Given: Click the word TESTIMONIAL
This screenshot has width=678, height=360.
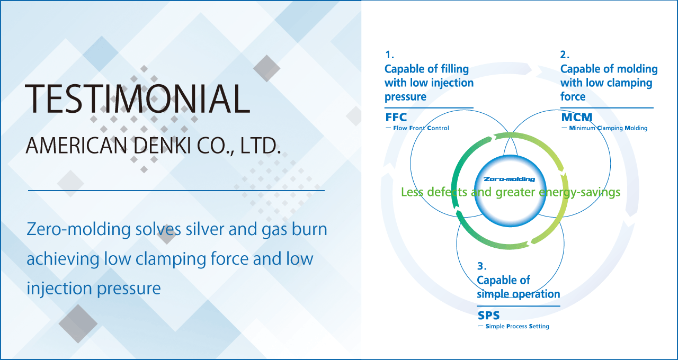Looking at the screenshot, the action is [138, 98].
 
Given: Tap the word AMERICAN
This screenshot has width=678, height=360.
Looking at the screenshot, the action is [77, 146].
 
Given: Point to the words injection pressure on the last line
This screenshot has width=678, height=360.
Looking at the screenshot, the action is [94, 289].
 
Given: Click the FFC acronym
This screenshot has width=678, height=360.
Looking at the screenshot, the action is [396, 117].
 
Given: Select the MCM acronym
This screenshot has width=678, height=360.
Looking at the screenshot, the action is [577, 117].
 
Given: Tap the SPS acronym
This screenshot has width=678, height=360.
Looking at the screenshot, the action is [488, 316].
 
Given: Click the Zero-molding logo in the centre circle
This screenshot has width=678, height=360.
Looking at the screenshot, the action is [510, 179].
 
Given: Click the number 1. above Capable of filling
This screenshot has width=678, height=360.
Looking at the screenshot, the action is [389, 55].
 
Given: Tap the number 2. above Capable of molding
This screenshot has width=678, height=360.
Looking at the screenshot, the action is [565, 55].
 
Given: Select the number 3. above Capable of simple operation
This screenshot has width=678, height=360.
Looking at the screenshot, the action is [482, 266].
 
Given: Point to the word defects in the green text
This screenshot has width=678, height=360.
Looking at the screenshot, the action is [447, 192].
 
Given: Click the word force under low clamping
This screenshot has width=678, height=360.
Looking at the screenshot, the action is [573, 96].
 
